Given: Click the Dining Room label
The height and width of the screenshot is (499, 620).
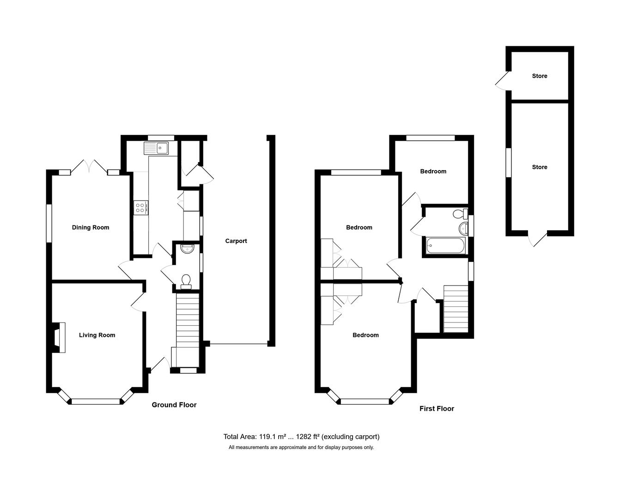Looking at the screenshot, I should [91, 227].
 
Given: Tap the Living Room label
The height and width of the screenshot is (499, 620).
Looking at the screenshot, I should [97, 335].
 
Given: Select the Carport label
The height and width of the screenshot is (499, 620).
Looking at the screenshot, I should [236, 241].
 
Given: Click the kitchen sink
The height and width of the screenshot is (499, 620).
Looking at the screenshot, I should [157, 148].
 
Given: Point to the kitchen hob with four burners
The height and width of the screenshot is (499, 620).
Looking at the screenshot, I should [140, 207].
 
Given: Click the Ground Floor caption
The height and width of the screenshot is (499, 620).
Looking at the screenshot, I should [174, 405].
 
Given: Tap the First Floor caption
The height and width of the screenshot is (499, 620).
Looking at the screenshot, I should [437, 408].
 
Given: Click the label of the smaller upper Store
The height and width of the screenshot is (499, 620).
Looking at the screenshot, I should [540, 76].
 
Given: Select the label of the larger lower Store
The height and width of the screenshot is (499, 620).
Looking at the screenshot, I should [540, 167].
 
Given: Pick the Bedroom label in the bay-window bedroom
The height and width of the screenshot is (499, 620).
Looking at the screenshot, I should [365, 335].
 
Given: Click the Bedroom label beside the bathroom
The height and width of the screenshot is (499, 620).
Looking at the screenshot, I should [433, 171].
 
